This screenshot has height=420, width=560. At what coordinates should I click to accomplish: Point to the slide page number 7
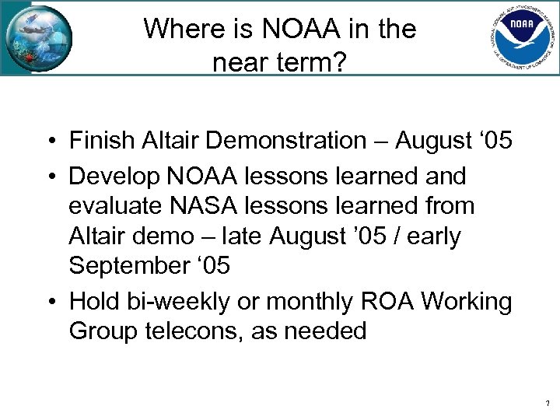tap(548, 404)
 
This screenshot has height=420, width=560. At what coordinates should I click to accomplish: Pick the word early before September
tap(432, 236)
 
